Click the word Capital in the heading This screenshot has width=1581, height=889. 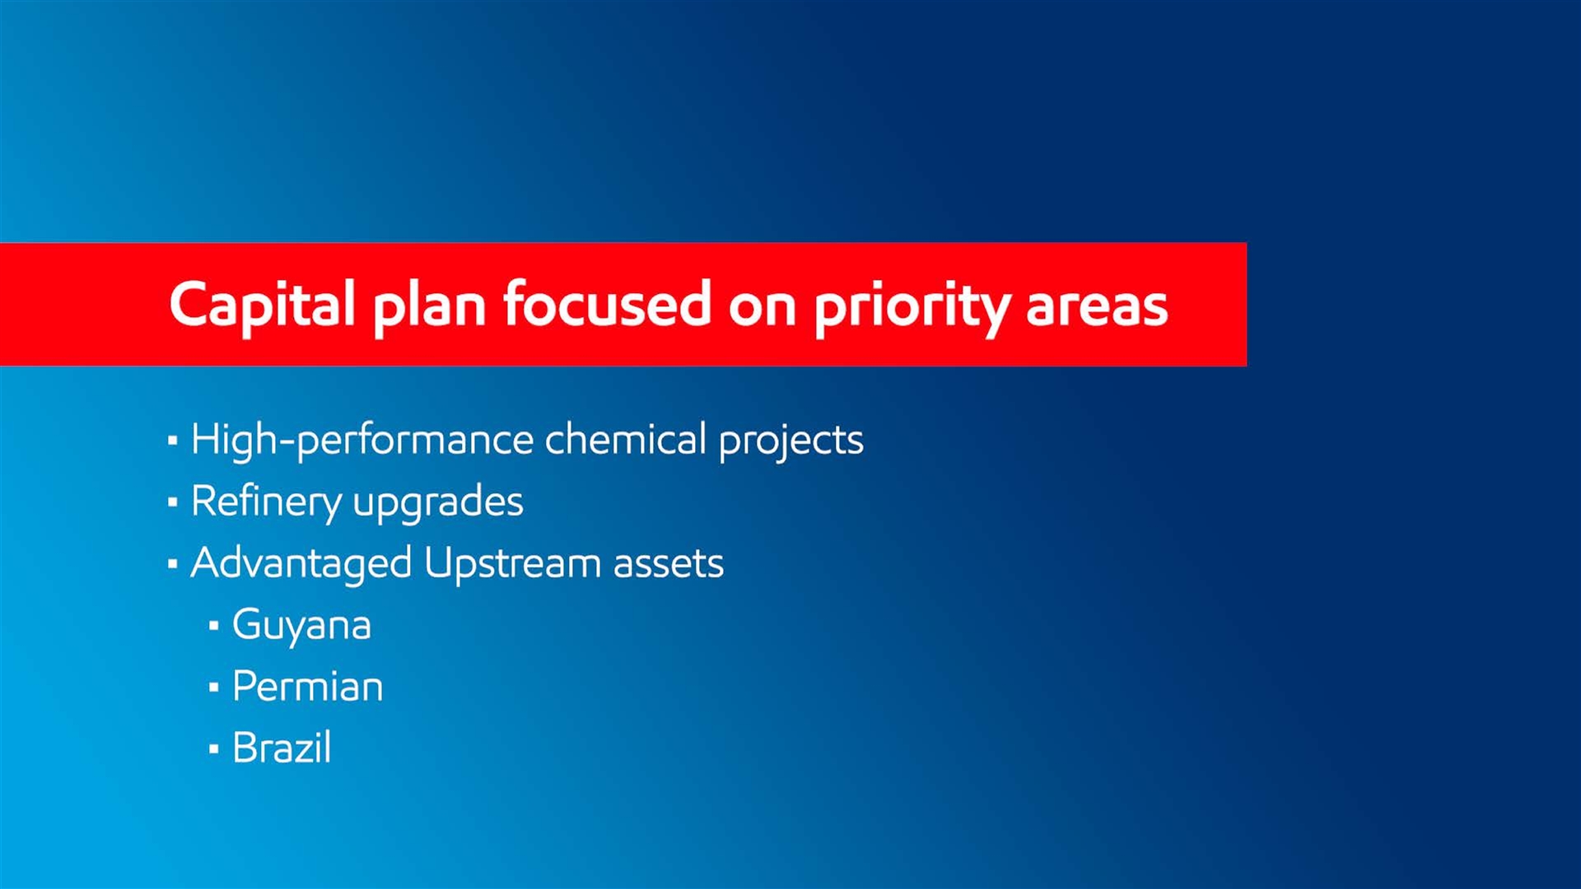pos(262,305)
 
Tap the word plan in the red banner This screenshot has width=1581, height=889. pos(429,305)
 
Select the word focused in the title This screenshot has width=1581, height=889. pos(608,304)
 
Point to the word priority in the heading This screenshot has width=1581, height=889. pos(912,307)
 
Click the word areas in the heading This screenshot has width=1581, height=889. pos(1097,307)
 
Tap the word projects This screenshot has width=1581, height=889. pos(791,440)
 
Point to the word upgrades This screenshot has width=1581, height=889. pos(438,503)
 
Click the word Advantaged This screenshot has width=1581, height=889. pos(301,564)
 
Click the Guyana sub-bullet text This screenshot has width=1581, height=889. pos(301,626)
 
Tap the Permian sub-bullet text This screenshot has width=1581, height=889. pos(308,687)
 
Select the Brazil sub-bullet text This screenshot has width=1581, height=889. pos(282,747)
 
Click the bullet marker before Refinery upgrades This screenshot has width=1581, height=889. pos(172,501)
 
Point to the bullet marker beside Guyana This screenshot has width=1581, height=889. pos(214,626)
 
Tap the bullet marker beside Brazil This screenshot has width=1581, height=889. pos(214,749)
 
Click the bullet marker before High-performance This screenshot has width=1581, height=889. pos(172,440)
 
